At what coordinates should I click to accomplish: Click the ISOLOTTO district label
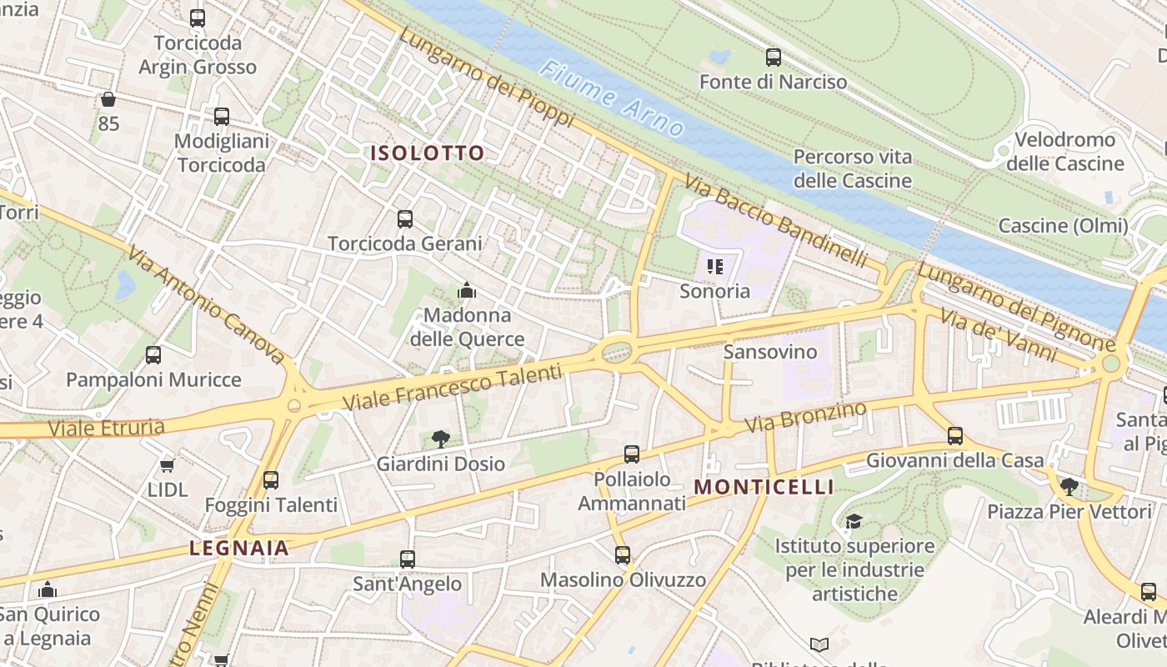click(428, 153)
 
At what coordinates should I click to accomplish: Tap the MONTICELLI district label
click(764, 487)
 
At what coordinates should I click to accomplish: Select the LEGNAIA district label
click(239, 549)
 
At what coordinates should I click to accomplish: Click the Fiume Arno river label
click(612, 98)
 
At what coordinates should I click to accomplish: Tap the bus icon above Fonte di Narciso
click(774, 58)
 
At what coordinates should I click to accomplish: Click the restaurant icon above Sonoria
click(714, 267)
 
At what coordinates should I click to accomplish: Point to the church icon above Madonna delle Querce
click(467, 290)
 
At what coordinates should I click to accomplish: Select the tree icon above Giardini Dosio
click(441, 439)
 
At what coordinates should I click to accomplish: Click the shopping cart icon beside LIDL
click(168, 465)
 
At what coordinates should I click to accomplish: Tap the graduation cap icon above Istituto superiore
click(854, 522)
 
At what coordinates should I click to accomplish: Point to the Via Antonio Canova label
click(207, 304)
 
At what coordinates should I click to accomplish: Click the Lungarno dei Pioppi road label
click(486, 77)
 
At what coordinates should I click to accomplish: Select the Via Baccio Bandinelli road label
click(775, 221)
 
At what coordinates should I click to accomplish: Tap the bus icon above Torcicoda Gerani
click(405, 219)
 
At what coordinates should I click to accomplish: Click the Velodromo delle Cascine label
click(1064, 151)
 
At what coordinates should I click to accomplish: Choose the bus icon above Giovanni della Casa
click(955, 435)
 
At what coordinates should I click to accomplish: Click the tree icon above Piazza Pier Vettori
click(1069, 486)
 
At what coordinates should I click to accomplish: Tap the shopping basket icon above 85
click(108, 100)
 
